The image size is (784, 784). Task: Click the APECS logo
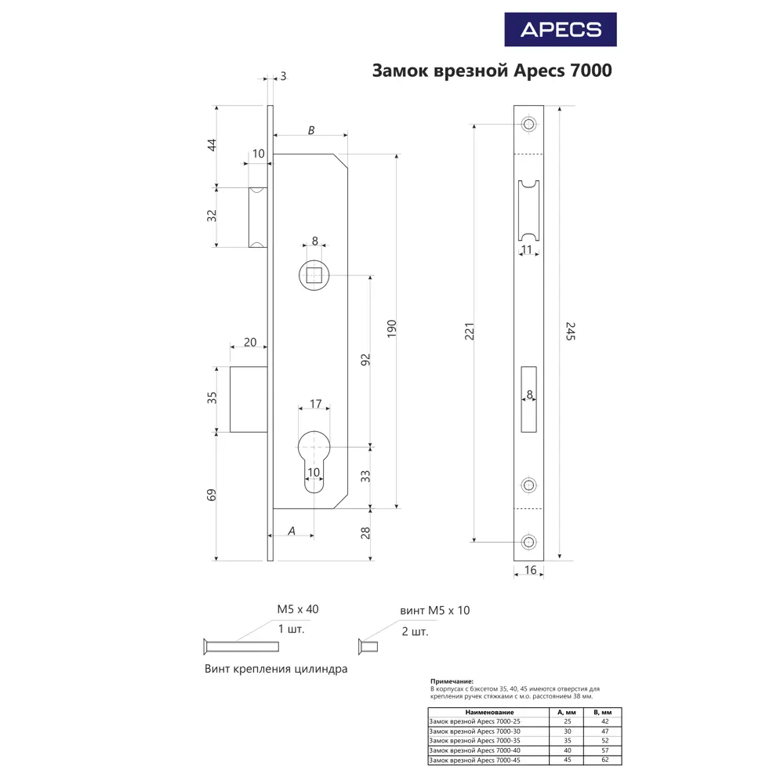pos(561,30)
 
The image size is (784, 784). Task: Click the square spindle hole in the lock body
pos(315,275)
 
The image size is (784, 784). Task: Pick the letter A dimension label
pos(292,531)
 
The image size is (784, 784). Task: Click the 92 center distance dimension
pos(365,360)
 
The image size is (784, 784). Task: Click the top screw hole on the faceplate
pos(529,125)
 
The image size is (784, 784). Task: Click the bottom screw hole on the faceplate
pos(529,542)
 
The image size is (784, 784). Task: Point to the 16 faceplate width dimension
pos(530,571)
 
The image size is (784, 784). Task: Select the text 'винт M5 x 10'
pos(435,611)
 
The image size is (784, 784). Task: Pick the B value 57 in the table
pos(604,750)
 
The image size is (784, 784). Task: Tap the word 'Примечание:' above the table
pos(452,682)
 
